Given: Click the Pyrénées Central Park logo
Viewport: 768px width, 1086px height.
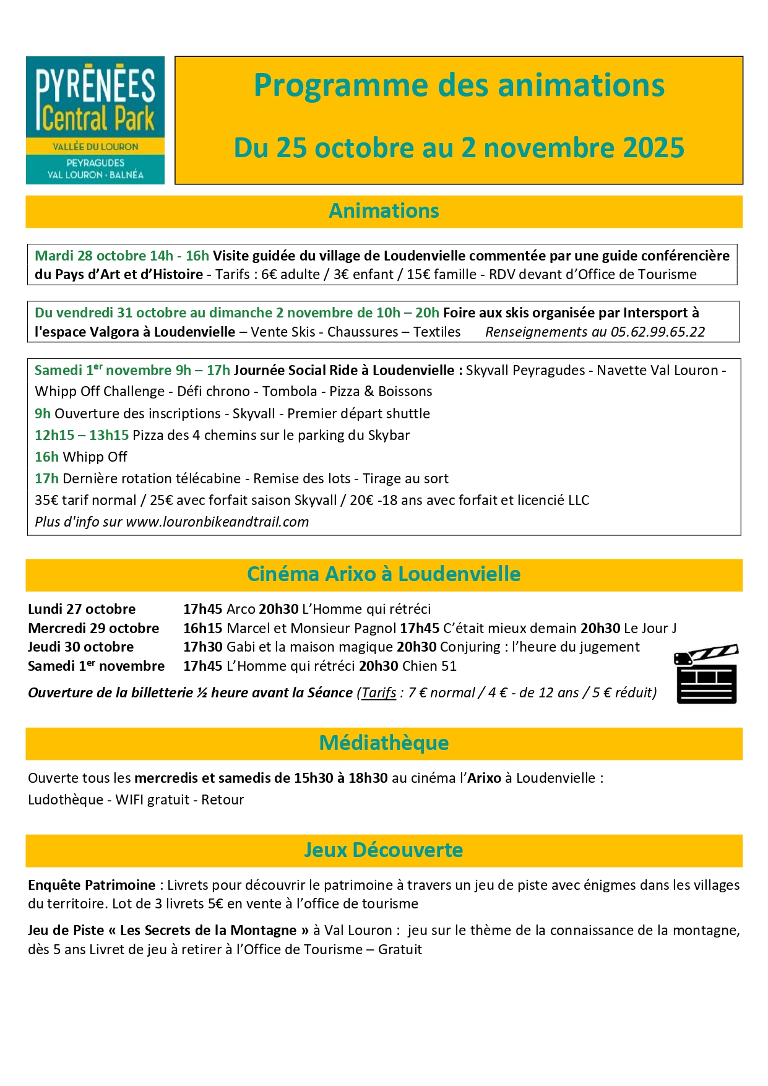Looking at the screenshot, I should coord(95,120).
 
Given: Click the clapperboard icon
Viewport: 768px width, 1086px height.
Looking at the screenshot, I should coord(706,674).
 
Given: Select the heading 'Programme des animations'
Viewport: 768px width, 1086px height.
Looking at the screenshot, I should coord(459,85).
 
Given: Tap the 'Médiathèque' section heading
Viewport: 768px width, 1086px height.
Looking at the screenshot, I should coord(384,743).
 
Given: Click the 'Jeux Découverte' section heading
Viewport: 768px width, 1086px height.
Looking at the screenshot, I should coord(384,850).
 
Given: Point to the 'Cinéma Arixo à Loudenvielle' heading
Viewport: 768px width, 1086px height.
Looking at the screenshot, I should coord(384,574).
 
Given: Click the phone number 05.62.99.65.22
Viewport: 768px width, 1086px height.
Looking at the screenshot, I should coord(658,332).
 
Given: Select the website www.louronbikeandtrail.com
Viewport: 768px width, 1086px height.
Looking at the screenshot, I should coord(217,522).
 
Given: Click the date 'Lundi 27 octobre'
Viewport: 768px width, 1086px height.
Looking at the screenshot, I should coord(82,609).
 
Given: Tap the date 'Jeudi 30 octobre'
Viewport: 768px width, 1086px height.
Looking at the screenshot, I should coord(81,647).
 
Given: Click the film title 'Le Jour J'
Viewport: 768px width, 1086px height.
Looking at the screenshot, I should coord(650,628).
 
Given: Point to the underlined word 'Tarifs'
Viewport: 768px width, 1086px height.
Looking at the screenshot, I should coord(379,692).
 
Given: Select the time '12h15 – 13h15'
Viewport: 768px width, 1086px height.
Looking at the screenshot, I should coord(82,435).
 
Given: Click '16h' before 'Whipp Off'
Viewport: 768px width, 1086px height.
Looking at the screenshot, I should coord(46,457).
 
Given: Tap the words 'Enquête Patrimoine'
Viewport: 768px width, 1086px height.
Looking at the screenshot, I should coord(92,885).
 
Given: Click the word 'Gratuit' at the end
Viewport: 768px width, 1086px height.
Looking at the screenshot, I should coord(400,949).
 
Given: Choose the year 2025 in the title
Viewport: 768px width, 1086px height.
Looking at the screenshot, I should coord(654,148).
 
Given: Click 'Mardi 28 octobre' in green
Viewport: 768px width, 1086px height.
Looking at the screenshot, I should coord(90,256).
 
